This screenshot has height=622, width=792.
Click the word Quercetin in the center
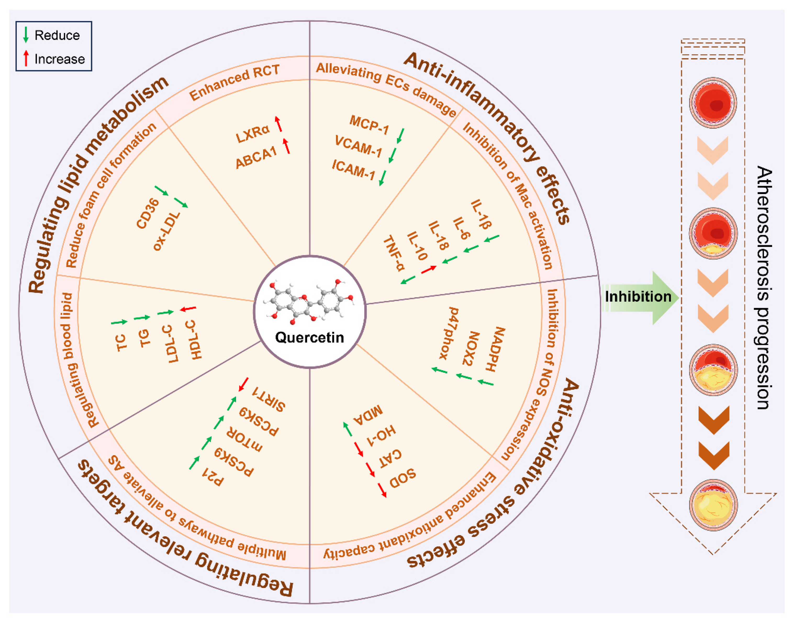(309, 338)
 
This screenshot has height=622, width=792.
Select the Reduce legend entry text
(57, 35)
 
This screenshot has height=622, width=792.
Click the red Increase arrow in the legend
(26, 59)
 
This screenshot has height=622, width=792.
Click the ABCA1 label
(256, 158)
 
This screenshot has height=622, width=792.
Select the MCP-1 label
(369, 124)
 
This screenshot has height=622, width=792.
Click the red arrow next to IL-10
(428, 270)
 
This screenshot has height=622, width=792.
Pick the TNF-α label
(394, 253)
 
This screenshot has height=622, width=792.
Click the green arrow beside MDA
(348, 429)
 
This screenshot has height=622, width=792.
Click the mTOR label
(244, 438)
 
